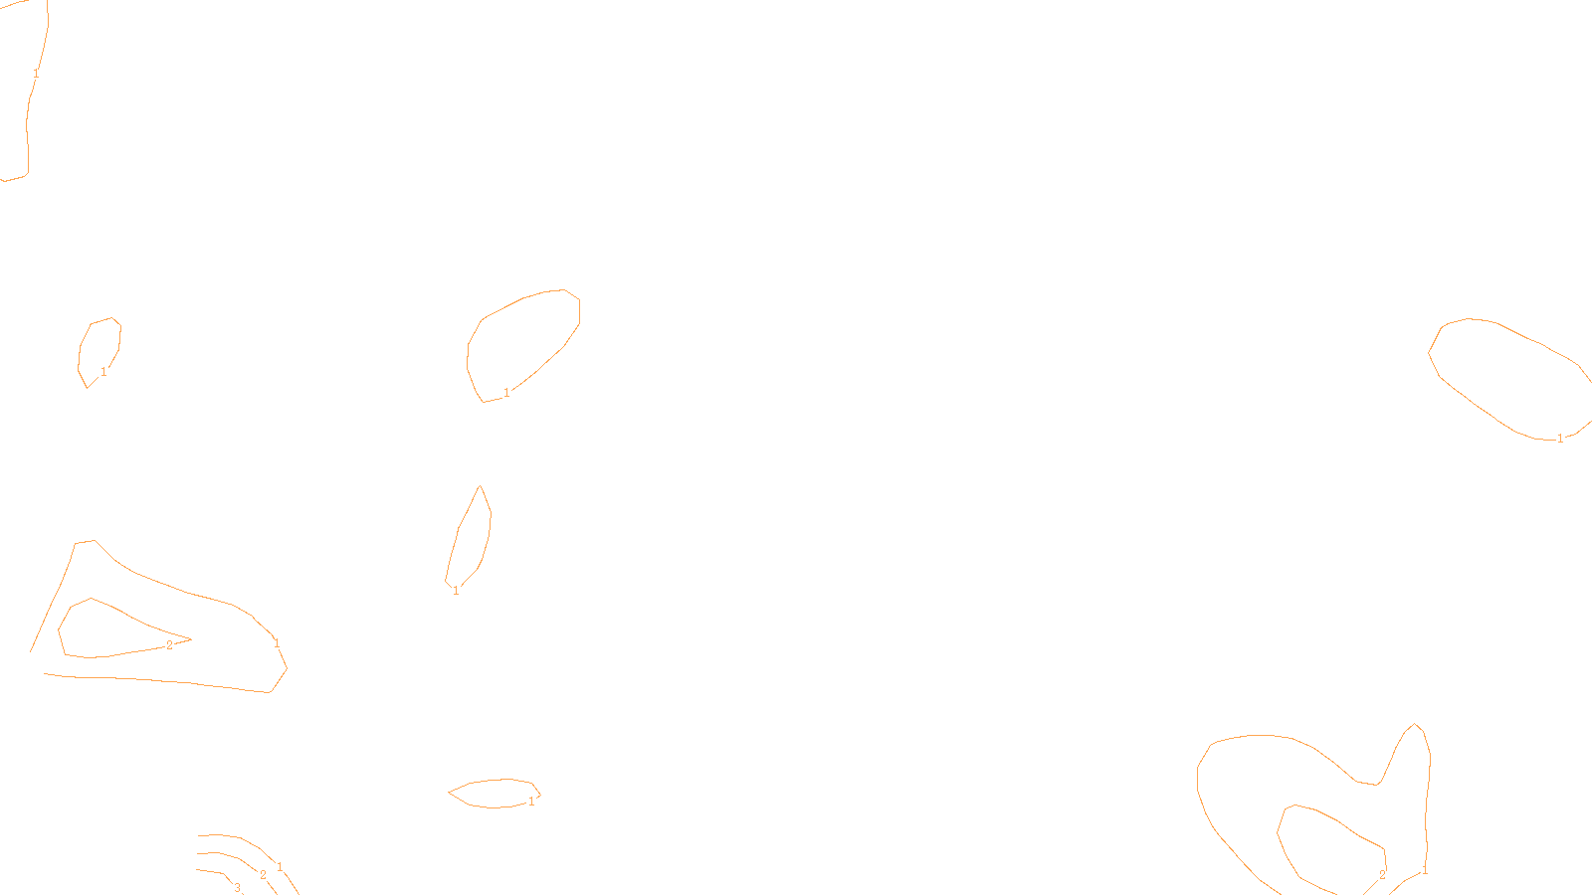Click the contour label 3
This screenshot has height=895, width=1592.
[x=237, y=888]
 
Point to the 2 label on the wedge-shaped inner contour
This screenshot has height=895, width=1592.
[x=169, y=645]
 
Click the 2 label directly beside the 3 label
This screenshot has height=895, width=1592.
[x=263, y=875]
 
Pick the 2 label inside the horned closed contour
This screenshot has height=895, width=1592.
[x=1382, y=875]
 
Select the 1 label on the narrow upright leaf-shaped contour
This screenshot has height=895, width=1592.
[x=456, y=591]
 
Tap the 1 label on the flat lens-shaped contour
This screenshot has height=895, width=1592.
[x=531, y=801]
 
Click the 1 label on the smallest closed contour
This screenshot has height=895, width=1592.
[x=103, y=372]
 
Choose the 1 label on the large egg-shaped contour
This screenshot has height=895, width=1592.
[x=506, y=393]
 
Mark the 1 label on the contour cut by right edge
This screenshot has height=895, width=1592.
[x=1560, y=439]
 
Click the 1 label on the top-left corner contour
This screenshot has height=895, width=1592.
[x=36, y=74]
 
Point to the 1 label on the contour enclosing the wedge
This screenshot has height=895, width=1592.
[x=277, y=643]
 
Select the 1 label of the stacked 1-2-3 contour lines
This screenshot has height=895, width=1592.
[x=280, y=867]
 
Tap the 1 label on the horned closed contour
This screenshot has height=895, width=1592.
[x=1425, y=870]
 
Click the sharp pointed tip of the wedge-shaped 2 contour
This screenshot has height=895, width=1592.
[x=190, y=638]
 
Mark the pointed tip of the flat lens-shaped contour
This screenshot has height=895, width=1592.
[x=449, y=793]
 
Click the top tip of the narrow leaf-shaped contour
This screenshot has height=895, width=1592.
[x=481, y=486]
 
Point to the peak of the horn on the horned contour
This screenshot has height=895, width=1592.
[x=1415, y=724]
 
